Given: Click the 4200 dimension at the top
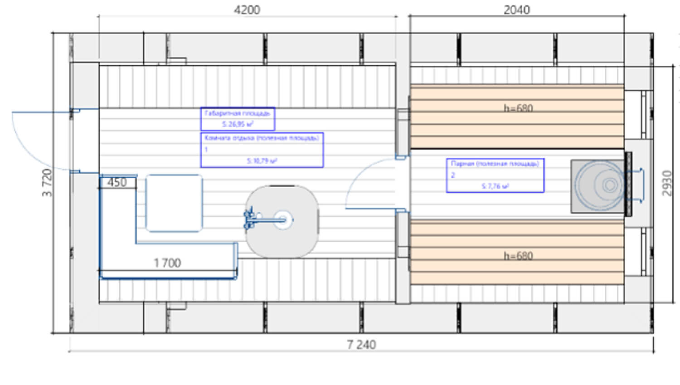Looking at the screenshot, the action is click(247, 10).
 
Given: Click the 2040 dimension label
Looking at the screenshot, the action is click(517, 10).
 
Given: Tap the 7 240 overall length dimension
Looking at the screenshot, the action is click(361, 345).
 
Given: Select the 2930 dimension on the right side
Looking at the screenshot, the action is click(666, 183).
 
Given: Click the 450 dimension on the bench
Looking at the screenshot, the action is click(117, 182).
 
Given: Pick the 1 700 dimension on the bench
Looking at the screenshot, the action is click(167, 263).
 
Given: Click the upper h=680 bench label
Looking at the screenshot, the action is click(519, 108).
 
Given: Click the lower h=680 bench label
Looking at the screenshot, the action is click(519, 256).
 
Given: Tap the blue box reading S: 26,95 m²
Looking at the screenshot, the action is click(238, 119).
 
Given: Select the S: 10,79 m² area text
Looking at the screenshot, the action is click(262, 161).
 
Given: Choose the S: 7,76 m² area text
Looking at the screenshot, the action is click(495, 186).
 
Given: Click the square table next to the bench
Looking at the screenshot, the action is click(174, 203).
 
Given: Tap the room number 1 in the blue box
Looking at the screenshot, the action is click(206, 149).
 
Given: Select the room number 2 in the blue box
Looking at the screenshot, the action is click(452, 175).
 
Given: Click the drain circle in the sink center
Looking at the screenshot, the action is click(283, 219).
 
